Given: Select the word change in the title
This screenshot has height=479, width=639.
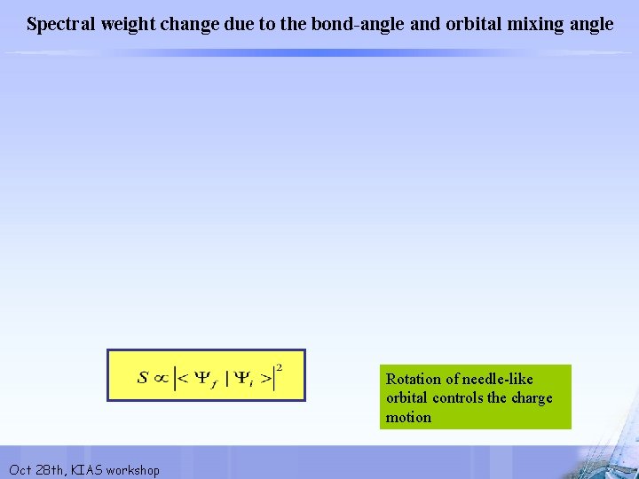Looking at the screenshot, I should tap(183, 24).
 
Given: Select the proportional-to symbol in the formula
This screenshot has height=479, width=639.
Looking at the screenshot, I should tap(161, 378).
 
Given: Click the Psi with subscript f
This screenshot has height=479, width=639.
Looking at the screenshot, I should tap(202, 379).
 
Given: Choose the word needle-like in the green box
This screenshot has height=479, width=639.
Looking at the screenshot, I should tap(498, 379).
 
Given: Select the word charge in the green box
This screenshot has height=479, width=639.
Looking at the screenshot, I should tap(532, 397).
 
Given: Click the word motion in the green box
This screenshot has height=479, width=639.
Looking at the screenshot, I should tap(408, 417).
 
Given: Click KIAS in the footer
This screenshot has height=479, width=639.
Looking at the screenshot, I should tap(88, 469).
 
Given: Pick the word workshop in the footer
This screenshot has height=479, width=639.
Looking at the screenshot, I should tap(133, 469).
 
